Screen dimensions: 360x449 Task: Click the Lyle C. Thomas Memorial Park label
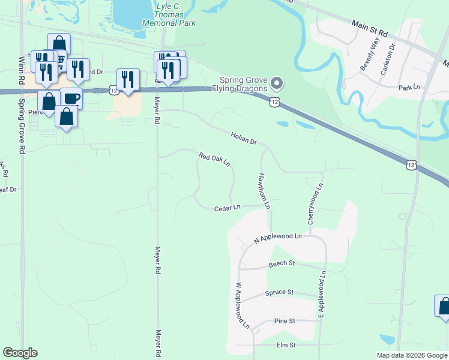[169, 14]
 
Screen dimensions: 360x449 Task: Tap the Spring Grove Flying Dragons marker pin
[277, 82]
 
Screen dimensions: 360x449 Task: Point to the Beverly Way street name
[370, 54]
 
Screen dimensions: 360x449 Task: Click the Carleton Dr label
[388, 59]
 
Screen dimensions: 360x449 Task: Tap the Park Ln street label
[409, 88]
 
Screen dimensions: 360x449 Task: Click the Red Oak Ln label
[214, 160]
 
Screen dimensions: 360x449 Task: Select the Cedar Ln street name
[228, 208]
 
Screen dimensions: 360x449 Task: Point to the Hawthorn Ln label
[264, 191]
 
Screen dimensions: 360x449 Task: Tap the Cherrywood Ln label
[315, 204]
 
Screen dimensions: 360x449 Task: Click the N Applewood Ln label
[277, 238]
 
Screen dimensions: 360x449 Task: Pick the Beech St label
[282, 263]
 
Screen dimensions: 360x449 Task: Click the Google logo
[20, 353]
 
